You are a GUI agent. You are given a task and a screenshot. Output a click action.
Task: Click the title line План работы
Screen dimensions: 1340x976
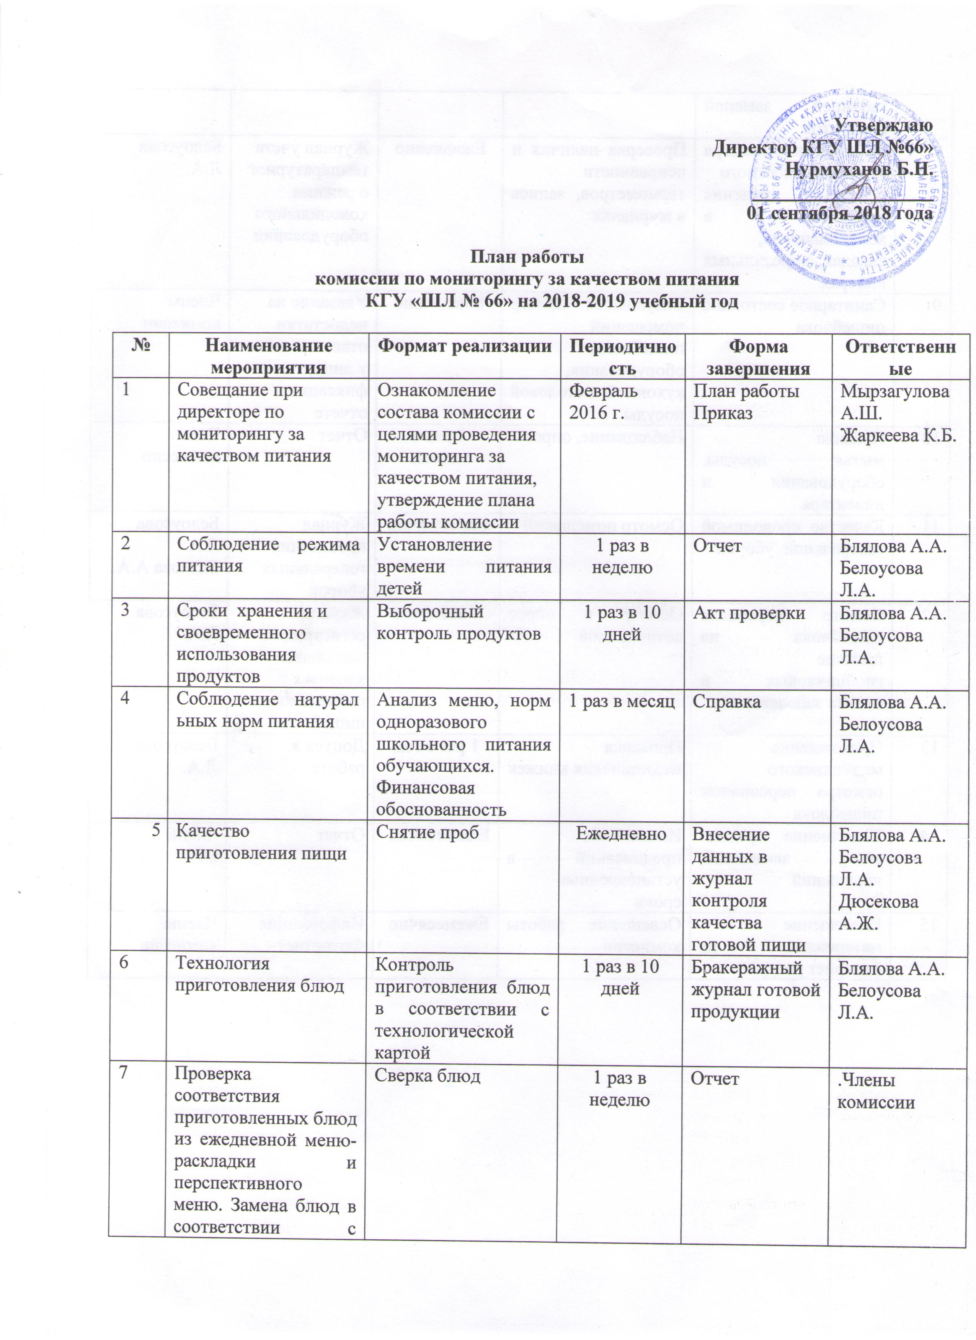(x=527, y=258)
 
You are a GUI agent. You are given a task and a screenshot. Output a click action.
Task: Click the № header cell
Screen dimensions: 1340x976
(x=140, y=346)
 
